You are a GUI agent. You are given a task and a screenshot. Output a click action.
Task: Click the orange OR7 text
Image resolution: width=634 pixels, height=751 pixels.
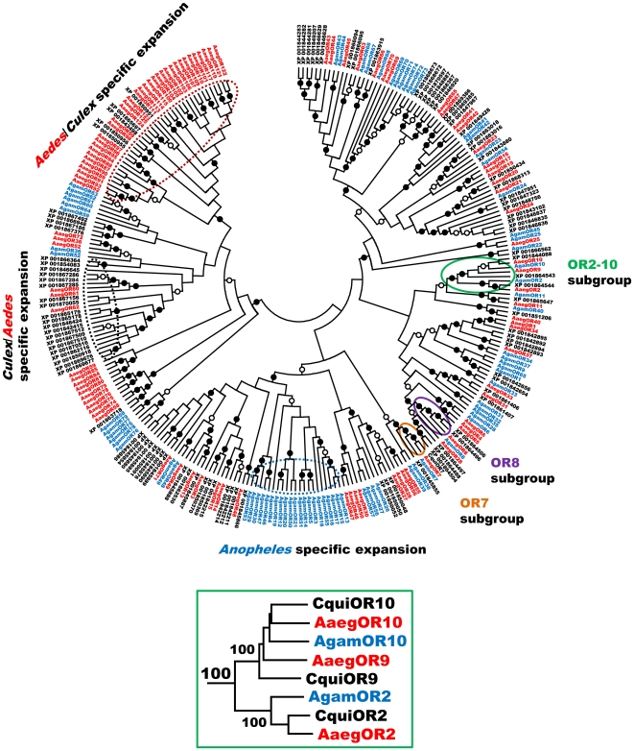[x=475, y=503]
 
